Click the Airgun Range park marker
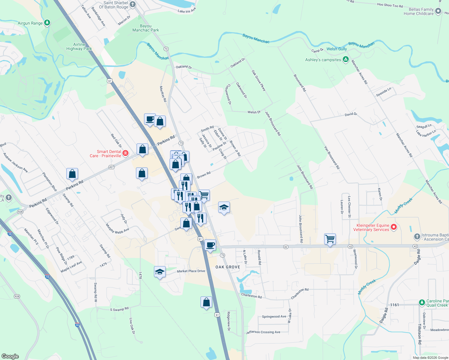click(47, 23)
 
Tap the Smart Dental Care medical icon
click(125, 153)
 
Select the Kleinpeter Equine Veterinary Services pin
click(394, 227)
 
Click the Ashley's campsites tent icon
click(346, 59)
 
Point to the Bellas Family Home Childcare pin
click(438, 11)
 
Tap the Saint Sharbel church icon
click(132, 4)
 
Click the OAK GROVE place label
click(228, 267)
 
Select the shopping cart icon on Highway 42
click(330, 239)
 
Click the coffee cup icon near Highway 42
click(210, 245)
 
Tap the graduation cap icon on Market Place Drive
click(160, 272)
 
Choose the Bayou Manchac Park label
click(146, 28)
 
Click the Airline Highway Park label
click(79, 46)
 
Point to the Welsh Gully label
click(336, 49)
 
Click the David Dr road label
click(351, 114)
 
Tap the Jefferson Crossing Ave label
click(263, 332)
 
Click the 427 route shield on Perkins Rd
click(111, 167)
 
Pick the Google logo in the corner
click(10, 356)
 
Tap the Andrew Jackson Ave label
click(15, 163)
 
